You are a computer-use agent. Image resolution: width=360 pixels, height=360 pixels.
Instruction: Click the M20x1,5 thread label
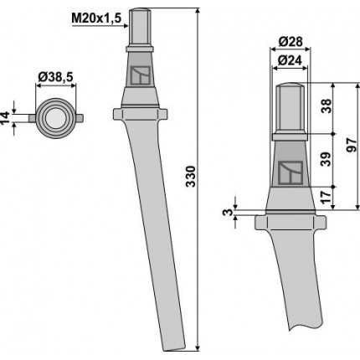pos(96,18)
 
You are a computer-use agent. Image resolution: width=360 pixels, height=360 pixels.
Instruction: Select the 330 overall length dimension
pos(191,177)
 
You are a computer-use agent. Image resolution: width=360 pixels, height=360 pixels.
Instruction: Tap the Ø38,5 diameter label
pos(56,77)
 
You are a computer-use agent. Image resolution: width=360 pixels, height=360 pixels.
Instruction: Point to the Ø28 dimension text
pos(291,42)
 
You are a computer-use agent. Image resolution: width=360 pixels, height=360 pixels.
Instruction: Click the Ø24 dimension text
pos(291,60)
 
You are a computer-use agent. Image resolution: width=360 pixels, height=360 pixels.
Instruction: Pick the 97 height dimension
pos(352,145)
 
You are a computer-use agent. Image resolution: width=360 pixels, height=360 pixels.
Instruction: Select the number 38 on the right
pos(327,105)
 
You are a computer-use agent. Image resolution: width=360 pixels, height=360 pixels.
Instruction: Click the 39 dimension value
pos(327,159)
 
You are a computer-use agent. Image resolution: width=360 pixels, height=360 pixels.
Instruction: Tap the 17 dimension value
pos(327,195)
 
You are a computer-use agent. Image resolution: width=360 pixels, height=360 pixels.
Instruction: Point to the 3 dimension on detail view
pos(229,212)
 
